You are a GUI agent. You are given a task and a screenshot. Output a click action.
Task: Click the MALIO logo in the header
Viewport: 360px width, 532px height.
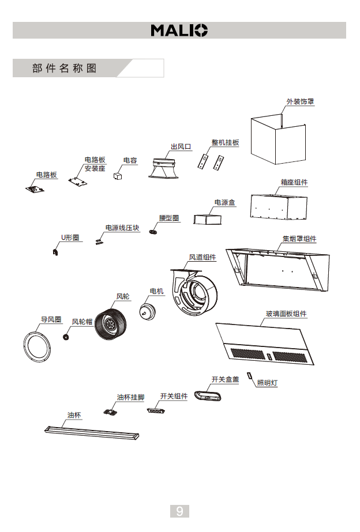pos(179,31)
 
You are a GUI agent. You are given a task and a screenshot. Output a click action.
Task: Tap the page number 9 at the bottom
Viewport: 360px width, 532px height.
pos(179,511)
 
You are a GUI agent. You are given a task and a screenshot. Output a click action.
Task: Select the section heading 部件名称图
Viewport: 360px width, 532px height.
pos(65,69)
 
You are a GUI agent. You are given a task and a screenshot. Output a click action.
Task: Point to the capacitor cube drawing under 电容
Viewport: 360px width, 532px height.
pos(118,175)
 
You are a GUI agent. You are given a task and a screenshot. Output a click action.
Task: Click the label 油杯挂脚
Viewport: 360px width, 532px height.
pos(130,397)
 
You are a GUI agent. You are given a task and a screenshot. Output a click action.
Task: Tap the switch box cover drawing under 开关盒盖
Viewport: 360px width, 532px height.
pos(208,396)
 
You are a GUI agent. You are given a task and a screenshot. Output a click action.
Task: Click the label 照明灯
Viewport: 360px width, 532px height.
pos(267,382)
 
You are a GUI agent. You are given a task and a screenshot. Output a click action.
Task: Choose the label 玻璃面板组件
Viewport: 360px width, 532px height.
pos(286,314)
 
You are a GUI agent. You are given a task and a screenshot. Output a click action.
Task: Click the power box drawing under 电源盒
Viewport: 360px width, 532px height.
pos(207,219)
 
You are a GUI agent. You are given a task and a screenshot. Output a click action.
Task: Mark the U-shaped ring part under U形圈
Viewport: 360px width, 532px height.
pos(55,251)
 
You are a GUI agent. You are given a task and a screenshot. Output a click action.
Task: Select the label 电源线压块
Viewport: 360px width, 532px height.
pos(122,228)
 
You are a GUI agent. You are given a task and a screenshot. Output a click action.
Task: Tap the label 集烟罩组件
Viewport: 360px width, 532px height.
pos(299,239)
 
